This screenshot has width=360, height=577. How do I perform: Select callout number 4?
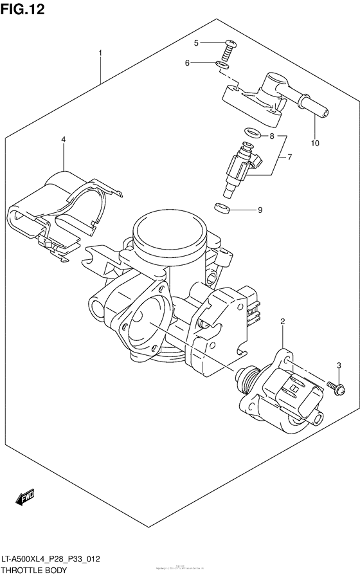pyautogui.click(x=64, y=140)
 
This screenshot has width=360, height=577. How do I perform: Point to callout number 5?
pyautogui.click(x=197, y=42)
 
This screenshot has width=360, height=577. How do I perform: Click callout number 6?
pyautogui.click(x=187, y=63)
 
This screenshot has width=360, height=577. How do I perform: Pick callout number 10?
pyautogui.click(x=315, y=142)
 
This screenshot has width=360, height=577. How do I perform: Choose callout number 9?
pyautogui.click(x=260, y=210)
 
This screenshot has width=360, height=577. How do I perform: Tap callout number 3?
pyautogui.click(x=339, y=366)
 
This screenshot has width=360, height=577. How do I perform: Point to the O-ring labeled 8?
pyautogui.click(x=253, y=134)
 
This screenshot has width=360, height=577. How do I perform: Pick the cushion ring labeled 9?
pyautogui.click(x=221, y=208)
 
